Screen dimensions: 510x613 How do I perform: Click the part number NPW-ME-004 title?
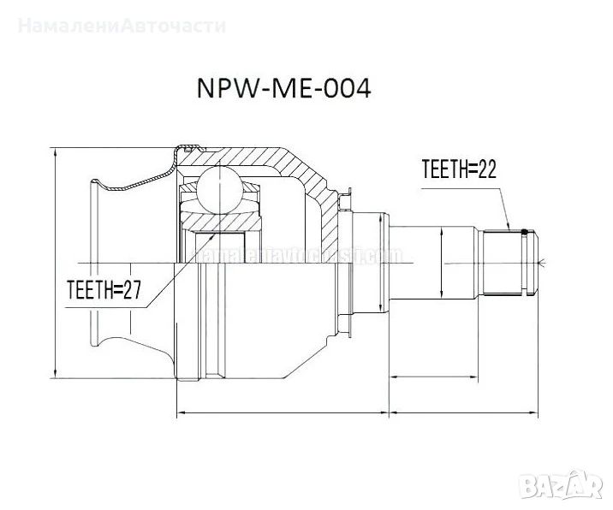(284, 90)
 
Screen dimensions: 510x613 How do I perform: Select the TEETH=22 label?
(459, 169)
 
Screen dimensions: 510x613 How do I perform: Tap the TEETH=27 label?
(103, 291)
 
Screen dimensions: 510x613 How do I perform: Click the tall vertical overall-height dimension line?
(55, 261)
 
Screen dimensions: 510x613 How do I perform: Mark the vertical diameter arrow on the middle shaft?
(441, 261)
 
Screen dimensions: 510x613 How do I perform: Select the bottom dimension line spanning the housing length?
(282, 414)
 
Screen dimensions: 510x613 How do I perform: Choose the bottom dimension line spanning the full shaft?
(463, 414)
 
